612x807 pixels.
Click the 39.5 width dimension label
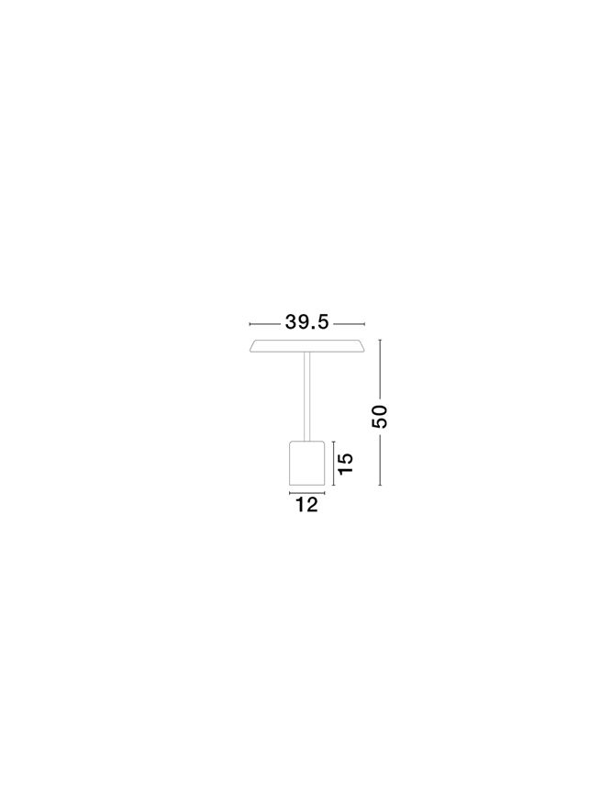click(306, 322)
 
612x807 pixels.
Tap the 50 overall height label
click(380, 417)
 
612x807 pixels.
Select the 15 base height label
click(346, 464)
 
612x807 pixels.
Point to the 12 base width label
click(306, 505)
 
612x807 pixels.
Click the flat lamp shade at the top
click(307, 346)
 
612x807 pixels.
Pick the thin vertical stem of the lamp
click(307, 397)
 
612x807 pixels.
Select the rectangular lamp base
click(307, 463)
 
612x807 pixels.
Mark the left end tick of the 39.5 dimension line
click(250, 324)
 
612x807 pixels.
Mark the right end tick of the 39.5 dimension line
click(364, 324)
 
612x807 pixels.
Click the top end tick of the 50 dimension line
click(380, 340)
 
